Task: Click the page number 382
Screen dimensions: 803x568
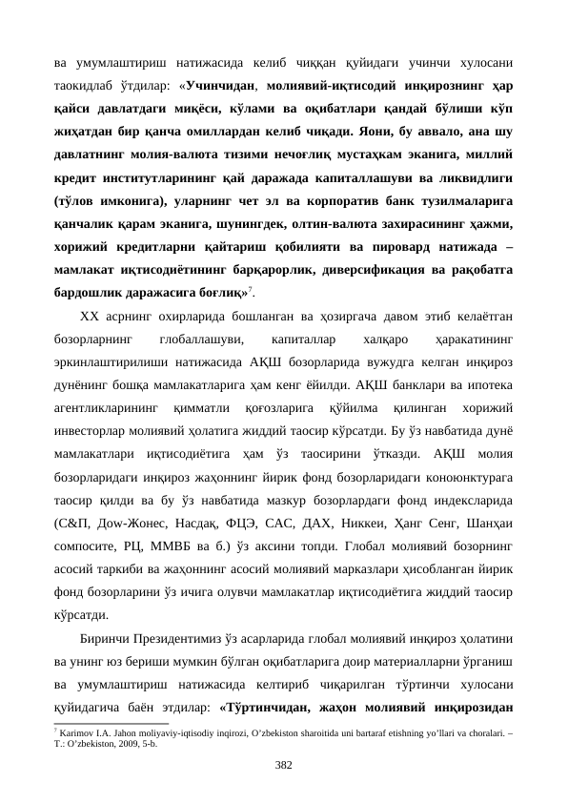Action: (284, 765)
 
